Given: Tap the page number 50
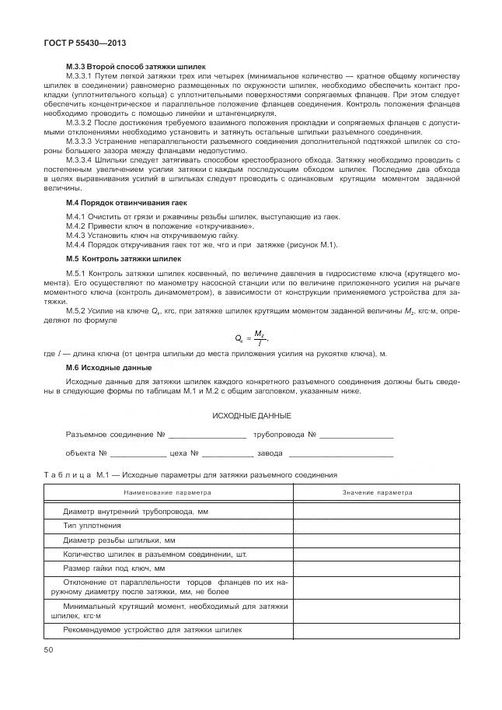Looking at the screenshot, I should pyautogui.click(x=49, y=649).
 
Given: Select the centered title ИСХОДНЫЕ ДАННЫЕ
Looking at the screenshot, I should pyautogui.click(x=252, y=415).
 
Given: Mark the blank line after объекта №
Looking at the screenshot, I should pyautogui.click(x=138, y=453).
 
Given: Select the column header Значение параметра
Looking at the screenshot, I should pyautogui.click(x=378, y=492).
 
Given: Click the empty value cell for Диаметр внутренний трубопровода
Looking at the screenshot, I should pyautogui.click(x=378, y=512).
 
